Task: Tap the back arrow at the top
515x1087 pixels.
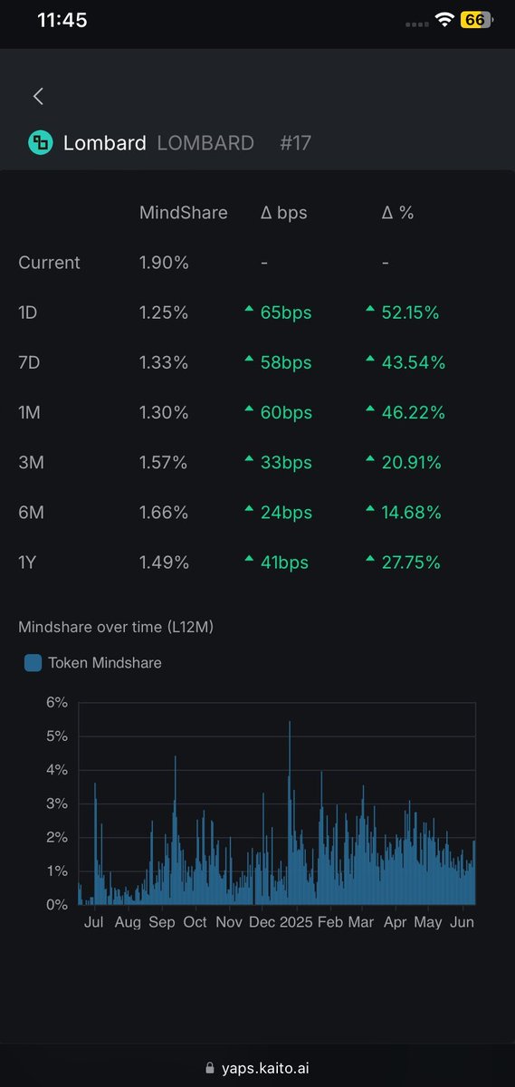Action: [38, 96]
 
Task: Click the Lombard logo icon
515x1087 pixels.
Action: [40, 143]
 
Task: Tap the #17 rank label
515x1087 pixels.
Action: [295, 143]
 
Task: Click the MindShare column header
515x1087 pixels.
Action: [183, 213]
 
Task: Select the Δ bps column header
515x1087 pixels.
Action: [283, 213]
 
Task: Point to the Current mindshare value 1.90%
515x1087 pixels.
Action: [164, 263]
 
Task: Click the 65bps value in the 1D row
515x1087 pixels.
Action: [285, 313]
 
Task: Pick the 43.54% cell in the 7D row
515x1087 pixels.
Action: [412, 362]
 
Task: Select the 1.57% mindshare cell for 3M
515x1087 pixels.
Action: [164, 463]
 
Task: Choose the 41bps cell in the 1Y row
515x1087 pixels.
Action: [284, 563]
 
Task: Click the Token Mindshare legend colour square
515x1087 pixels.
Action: [33, 663]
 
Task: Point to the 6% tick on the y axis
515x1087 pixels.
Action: [56, 703]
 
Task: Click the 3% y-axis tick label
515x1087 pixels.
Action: [56, 803]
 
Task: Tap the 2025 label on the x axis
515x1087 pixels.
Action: [296, 922]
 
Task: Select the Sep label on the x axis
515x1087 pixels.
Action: [161, 922]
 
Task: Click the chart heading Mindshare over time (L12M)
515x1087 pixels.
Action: [116, 627]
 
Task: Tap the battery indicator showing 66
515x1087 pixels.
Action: [473, 20]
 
